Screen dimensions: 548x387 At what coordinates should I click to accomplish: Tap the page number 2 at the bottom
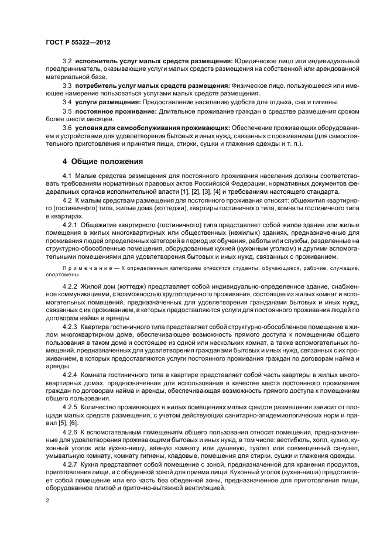coord(47,501)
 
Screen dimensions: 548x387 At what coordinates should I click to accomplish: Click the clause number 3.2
coord(67,61)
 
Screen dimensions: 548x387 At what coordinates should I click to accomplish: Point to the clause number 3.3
coord(67,85)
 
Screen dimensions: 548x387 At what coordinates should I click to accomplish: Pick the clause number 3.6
coord(67,127)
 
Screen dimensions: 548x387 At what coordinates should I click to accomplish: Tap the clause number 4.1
coord(67,175)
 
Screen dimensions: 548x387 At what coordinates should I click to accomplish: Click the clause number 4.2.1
coord(70,224)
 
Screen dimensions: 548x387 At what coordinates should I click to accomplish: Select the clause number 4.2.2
coord(70,285)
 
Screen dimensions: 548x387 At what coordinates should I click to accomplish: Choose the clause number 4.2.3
coord(70,325)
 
